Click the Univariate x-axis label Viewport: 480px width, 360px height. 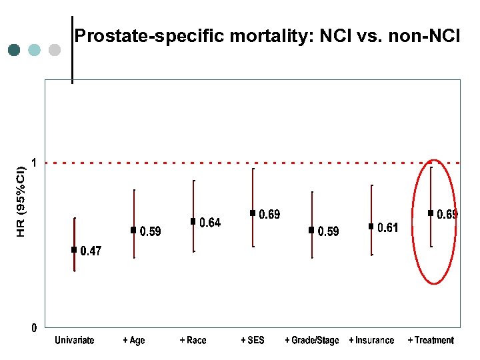pyautogui.click(x=74, y=341)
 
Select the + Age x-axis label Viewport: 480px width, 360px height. pyautogui.click(x=133, y=341)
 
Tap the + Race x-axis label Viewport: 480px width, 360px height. pyautogui.click(x=193, y=341)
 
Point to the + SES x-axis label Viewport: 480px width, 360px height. pyautogui.click(x=253, y=341)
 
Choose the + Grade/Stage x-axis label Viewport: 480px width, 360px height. pyautogui.click(x=311, y=341)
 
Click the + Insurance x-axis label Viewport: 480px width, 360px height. pyautogui.click(x=371, y=341)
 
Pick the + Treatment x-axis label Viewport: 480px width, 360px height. pyautogui.click(x=431, y=341)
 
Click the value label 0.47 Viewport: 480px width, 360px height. pyautogui.click(x=91, y=251)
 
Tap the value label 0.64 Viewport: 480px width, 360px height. pyautogui.click(x=210, y=223)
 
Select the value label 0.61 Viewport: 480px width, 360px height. pyautogui.click(x=388, y=228)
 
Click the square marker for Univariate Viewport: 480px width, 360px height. pyautogui.click(x=74, y=250)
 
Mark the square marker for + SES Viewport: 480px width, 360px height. pyautogui.click(x=253, y=213)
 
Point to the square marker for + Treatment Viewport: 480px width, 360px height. pyautogui.click(x=431, y=213)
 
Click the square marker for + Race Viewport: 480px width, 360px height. pyautogui.click(x=193, y=221)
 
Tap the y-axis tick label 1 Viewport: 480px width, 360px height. pyautogui.click(x=34, y=162)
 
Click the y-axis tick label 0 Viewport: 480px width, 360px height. pyautogui.click(x=34, y=328)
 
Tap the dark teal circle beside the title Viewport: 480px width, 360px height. pyautogui.click(x=15, y=50)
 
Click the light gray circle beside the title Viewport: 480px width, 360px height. pyautogui.click(x=55, y=50)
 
